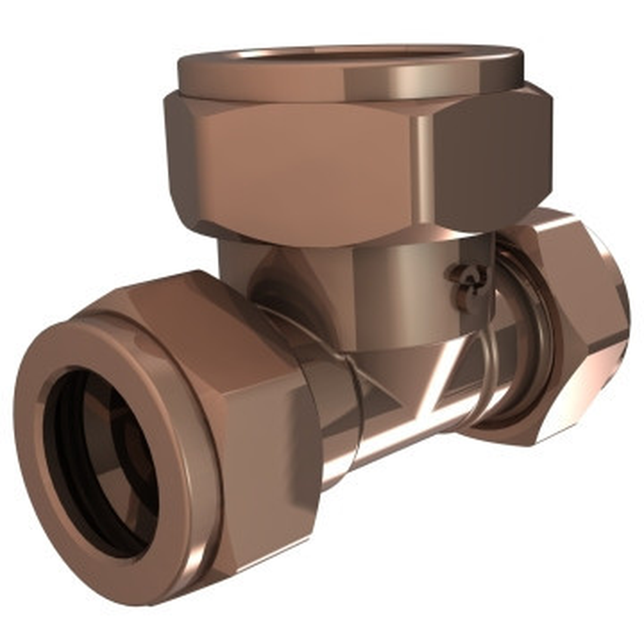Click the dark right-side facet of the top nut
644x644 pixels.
489,161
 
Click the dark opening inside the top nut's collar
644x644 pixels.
352,54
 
